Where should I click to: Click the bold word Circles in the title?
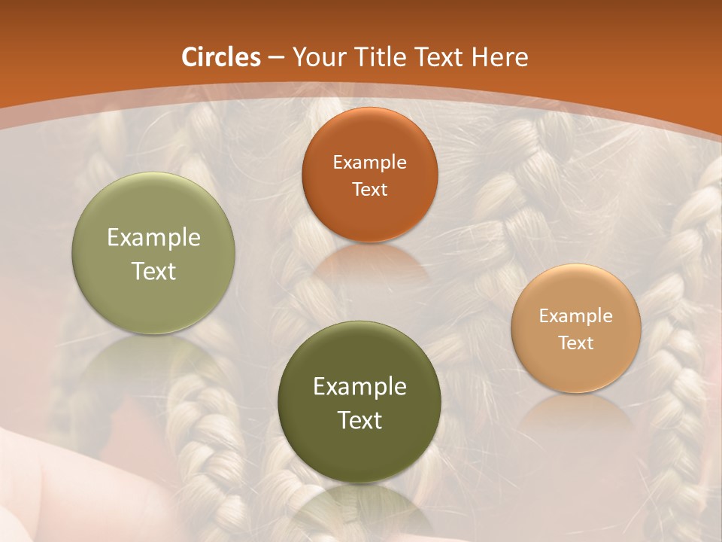221,57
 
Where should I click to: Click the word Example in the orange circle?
369,163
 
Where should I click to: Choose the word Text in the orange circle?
369,189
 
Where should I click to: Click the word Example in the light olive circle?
153,238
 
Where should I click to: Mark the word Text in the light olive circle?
153,271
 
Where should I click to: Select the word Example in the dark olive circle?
359,387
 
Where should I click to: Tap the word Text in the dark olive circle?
359,420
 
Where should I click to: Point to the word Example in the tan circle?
576,316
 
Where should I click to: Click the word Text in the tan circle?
576,343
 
